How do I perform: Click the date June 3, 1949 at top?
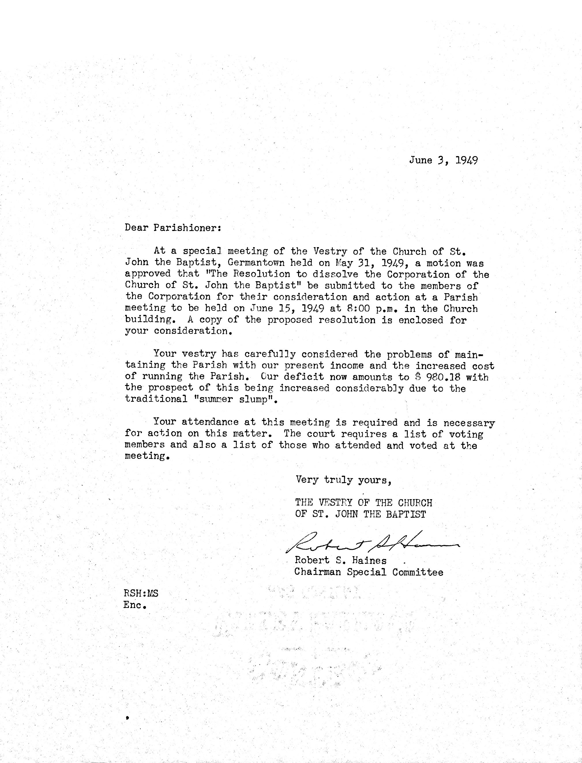(444, 160)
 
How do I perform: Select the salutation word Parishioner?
(186, 228)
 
